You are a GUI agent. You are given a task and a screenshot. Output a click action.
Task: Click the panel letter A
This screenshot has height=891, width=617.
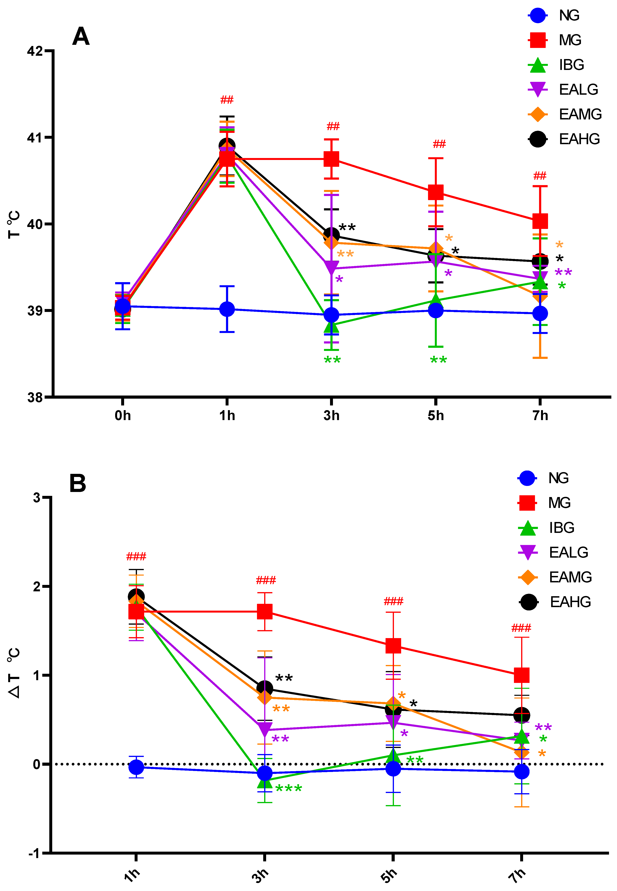coord(81,37)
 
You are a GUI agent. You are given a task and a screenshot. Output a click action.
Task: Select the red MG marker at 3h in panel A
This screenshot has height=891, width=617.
coord(331,159)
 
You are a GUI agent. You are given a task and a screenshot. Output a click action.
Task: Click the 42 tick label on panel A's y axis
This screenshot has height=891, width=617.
coord(35,51)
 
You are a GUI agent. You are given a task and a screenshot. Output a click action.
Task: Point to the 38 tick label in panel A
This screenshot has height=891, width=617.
coord(35,397)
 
